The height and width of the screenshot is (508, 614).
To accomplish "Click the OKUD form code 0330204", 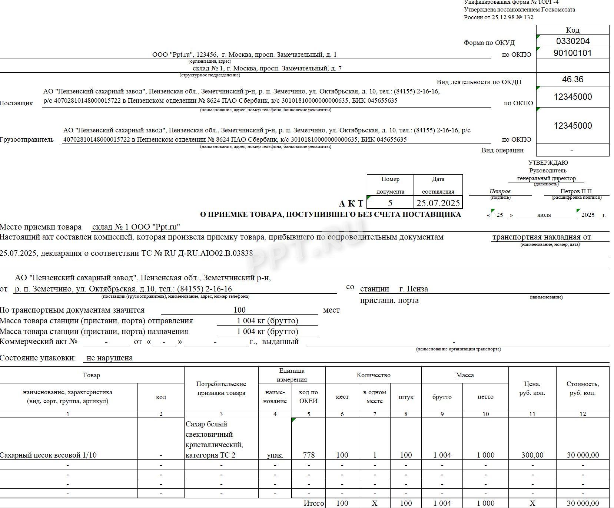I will (x=572, y=41).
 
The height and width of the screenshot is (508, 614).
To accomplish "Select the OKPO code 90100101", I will (x=572, y=53).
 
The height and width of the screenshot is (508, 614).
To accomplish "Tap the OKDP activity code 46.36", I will (x=572, y=79).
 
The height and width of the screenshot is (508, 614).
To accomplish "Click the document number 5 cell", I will (x=390, y=203).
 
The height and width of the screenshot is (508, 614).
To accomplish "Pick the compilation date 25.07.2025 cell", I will (x=438, y=203).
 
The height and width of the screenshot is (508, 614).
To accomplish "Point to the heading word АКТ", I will (x=351, y=204).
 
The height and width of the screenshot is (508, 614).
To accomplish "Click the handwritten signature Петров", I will (x=500, y=191).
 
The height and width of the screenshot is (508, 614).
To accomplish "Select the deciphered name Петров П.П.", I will (x=577, y=191).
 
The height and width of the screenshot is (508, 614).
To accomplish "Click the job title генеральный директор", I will (x=547, y=178).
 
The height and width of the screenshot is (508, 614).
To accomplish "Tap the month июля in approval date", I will (x=544, y=215).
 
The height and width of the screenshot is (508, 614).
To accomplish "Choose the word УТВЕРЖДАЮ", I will (x=548, y=162).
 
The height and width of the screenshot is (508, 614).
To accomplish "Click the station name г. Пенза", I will (x=414, y=289).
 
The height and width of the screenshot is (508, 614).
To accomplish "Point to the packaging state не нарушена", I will (x=110, y=358).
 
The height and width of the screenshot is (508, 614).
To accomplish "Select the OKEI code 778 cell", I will (x=309, y=455).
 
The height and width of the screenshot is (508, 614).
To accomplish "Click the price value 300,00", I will (x=532, y=455).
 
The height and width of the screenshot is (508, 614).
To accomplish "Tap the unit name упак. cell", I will (x=275, y=455).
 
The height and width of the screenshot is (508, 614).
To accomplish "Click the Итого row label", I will (x=313, y=503).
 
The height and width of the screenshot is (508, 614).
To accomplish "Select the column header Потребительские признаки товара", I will (x=221, y=389).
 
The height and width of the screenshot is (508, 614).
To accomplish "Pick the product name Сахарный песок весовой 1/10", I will (x=48, y=455).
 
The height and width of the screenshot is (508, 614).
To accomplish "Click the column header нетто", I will (x=485, y=397).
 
